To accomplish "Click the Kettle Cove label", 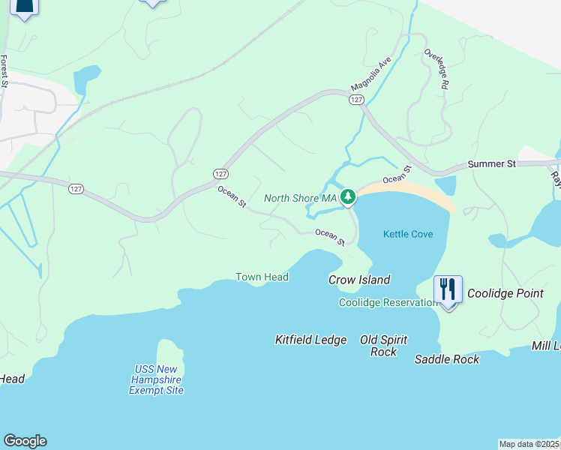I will coord(408,234).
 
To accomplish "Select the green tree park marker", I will coord(347,197).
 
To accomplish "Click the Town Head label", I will coord(262,277).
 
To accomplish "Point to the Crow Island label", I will coord(359,280).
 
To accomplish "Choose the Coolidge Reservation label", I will coord(388,302).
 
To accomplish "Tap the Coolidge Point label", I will coord(505,293).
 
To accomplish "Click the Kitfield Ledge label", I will coord(310,340).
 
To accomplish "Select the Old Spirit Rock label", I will coord(383,346).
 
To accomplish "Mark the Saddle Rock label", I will coord(447,359).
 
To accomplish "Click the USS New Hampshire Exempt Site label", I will coord(156,379).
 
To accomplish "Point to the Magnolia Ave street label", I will coord(371,74).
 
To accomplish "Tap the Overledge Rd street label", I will coord(436,70).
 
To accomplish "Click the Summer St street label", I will coord(492,163).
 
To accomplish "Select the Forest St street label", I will coord(4,71).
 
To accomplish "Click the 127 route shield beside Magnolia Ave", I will coord(356,100).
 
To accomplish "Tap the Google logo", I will coord(25,441).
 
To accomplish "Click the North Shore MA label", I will coord(300,198).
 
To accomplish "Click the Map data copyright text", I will coord(529,444).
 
